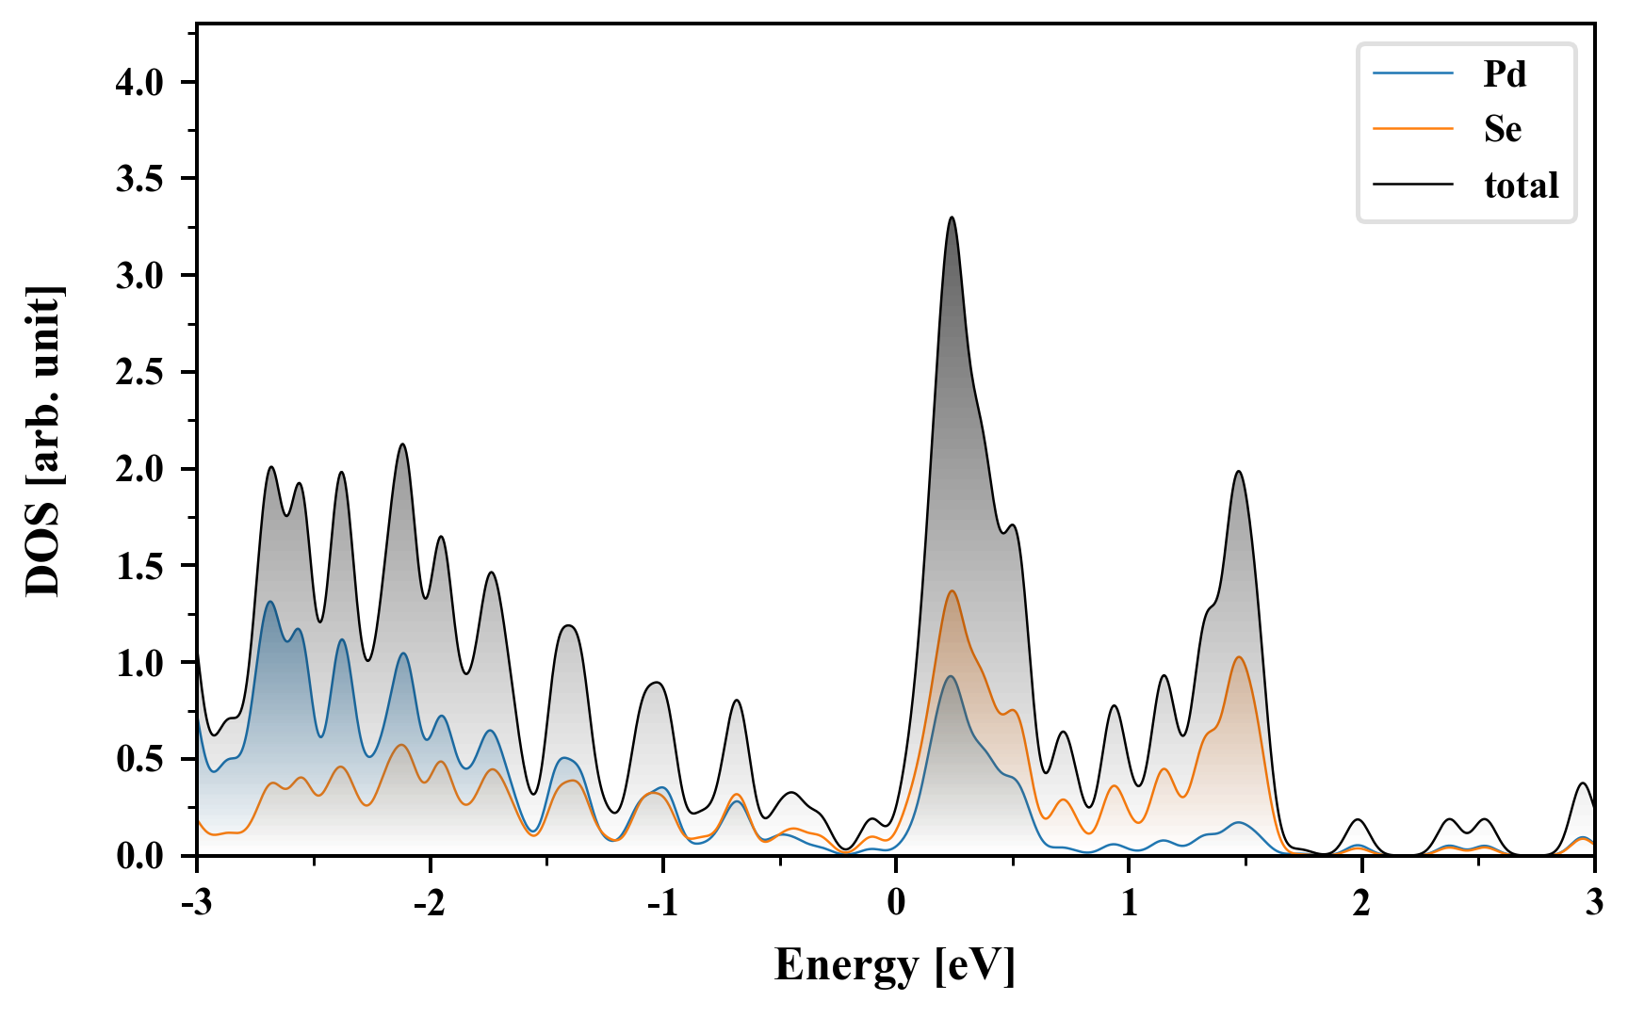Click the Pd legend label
point(1505,73)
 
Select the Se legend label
point(1502,129)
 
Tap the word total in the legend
point(1521,185)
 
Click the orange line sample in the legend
point(1412,128)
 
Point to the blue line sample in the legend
point(1412,73)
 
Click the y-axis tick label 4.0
point(139,83)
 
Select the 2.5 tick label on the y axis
point(139,373)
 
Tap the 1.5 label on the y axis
point(139,567)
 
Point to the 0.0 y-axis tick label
point(139,857)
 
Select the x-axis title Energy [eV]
point(895,966)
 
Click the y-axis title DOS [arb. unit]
point(43,441)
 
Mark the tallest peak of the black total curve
point(952,218)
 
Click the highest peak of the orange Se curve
point(952,590)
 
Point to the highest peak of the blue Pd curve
point(270,601)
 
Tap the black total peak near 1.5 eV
point(1238,471)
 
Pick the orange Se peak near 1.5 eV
point(1239,656)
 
